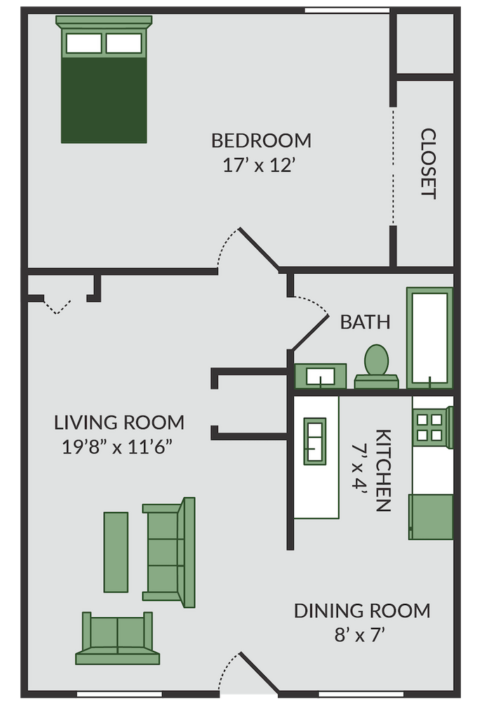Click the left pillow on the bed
tap(83, 44)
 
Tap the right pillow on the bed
tap(123, 44)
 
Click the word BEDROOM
tap(261, 140)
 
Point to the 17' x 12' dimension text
tap(261, 166)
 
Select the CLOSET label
tap(428, 164)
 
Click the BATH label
tap(365, 322)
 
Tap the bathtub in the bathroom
tap(429, 336)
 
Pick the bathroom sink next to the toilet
tap(320, 376)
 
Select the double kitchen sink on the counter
tap(314, 440)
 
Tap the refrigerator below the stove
tap(431, 517)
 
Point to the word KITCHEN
tap(382, 470)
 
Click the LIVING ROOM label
tap(119, 423)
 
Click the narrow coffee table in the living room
tap(116, 552)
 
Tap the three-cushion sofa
tap(169, 552)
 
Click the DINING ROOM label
tap(362, 611)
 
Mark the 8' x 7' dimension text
tap(362, 635)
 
